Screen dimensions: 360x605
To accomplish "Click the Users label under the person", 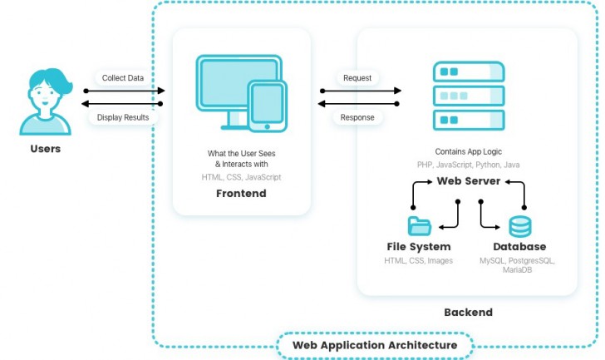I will [45, 150].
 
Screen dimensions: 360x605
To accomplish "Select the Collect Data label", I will [122, 78].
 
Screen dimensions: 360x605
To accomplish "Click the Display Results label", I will [123, 117].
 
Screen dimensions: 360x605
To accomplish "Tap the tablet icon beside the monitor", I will [267, 106].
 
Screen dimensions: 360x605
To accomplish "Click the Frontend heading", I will [241, 194].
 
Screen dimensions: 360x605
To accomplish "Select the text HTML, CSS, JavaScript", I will [241, 177].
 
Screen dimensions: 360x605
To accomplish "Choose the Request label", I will [357, 78].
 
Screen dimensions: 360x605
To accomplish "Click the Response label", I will [357, 117].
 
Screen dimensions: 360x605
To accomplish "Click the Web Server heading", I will [468, 180].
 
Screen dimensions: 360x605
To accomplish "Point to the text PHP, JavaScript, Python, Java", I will [468, 165].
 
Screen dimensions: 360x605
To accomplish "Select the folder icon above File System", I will [420, 225].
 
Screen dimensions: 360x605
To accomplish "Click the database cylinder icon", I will [520, 225].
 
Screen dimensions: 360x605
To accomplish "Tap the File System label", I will [419, 247].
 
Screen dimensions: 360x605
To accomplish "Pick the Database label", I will [519, 247].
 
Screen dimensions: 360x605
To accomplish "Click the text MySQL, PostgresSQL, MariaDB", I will [517, 265].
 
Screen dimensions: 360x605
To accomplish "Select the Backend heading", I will [467, 313].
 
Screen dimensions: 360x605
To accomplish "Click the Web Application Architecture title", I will [374, 345].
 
